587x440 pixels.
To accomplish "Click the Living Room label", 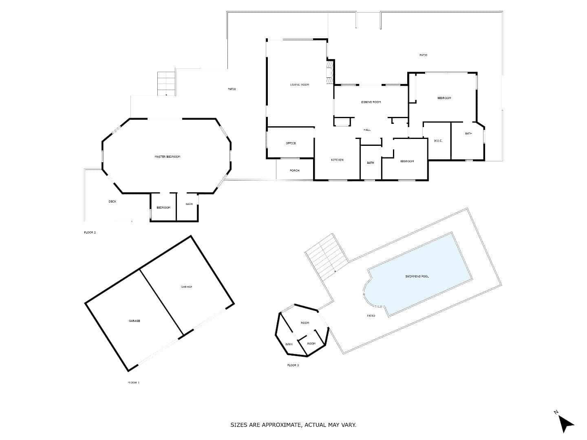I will tap(300, 85).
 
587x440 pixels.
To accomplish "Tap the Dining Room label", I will tap(371, 102).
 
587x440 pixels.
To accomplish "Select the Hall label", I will tap(367, 130).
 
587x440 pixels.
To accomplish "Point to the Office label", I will tap(291, 143).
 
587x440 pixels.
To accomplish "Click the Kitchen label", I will tap(337, 160).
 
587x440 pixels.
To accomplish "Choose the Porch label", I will tap(294, 171).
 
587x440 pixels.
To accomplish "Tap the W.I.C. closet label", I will tap(438, 141).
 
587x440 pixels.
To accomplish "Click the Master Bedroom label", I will tap(167, 157).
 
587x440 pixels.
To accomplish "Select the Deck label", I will tap(112, 201).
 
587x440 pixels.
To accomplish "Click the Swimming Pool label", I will tap(417, 277).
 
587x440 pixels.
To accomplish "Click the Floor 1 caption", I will tap(133, 383).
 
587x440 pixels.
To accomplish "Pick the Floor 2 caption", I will tap(90, 232).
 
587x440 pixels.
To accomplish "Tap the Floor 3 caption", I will tap(293, 365).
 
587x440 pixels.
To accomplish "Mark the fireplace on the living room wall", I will tap(329, 72).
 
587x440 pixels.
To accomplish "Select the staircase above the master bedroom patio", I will tap(166, 84).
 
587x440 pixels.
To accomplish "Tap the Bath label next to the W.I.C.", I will tap(468, 134).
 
